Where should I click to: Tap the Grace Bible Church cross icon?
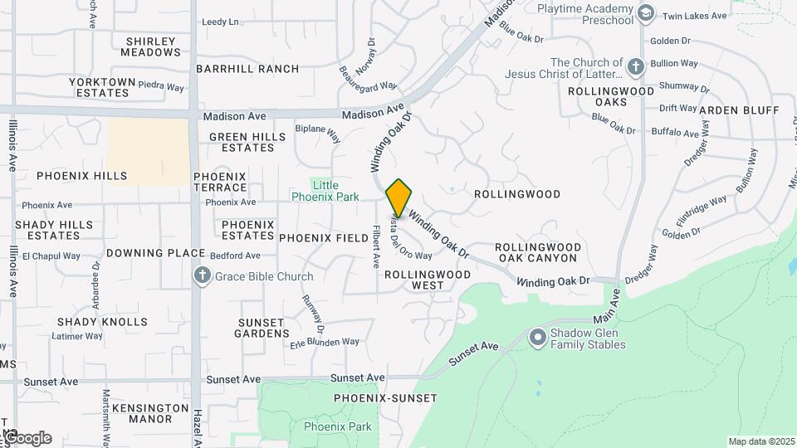click(x=202, y=276)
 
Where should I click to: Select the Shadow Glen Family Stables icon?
click(x=537, y=338)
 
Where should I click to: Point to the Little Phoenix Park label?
click(x=325, y=191)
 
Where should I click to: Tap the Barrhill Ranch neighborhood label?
click(x=247, y=69)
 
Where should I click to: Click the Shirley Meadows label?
click(x=150, y=46)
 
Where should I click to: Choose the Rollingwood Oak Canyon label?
click(x=535, y=252)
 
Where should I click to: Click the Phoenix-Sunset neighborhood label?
click(x=385, y=398)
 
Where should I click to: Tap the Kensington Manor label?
click(x=150, y=413)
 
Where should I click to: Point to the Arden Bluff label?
click(x=739, y=110)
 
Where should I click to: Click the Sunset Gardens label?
click(x=262, y=328)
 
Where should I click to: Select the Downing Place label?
click(x=155, y=253)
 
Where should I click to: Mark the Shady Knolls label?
click(x=102, y=322)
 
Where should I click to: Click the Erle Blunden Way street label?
click(x=325, y=342)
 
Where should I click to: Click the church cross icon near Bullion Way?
click(x=635, y=67)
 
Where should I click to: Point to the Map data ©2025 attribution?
click(x=760, y=441)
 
